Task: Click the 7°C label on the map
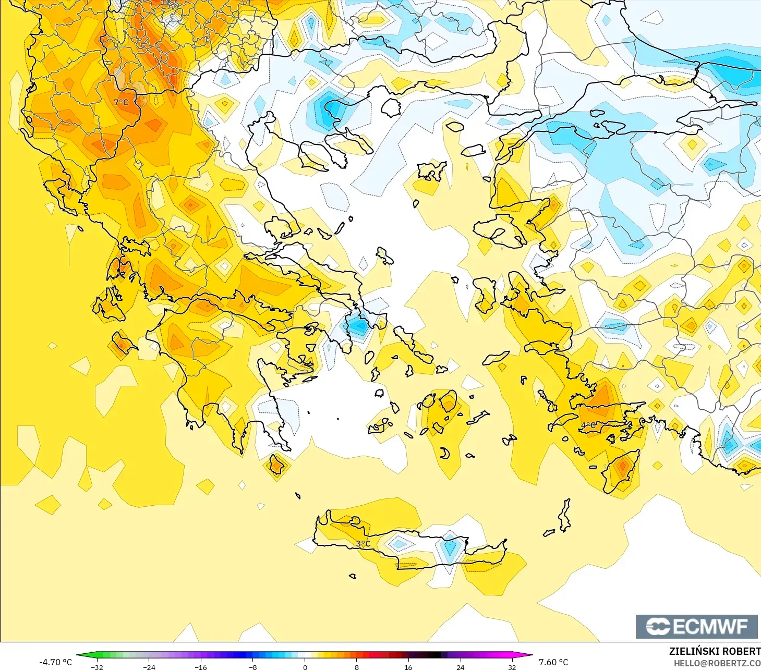coord(121,102)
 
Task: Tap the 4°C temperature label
coord(588,425)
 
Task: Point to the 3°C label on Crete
coord(363,544)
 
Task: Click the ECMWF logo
coord(696,626)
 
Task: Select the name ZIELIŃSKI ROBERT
coord(715,651)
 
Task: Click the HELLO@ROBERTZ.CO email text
coord(717,663)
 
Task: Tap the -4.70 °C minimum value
coord(55,662)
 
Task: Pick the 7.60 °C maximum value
coord(553,662)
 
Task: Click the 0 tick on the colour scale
coord(305,667)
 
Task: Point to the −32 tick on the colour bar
coord(97,667)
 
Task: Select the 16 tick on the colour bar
coord(408,667)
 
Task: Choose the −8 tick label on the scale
coord(252,667)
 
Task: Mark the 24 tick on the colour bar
coord(460,667)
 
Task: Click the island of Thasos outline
coord(391,107)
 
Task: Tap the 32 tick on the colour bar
coord(512,667)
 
